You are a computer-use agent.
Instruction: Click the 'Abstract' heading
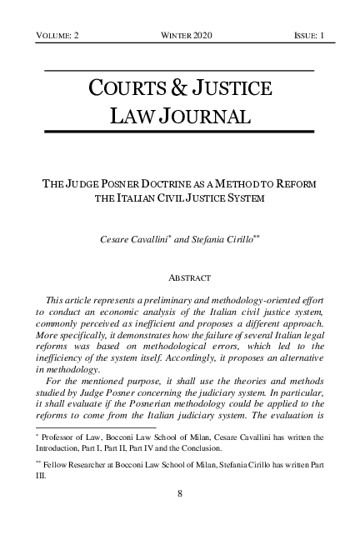(x=180, y=276)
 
